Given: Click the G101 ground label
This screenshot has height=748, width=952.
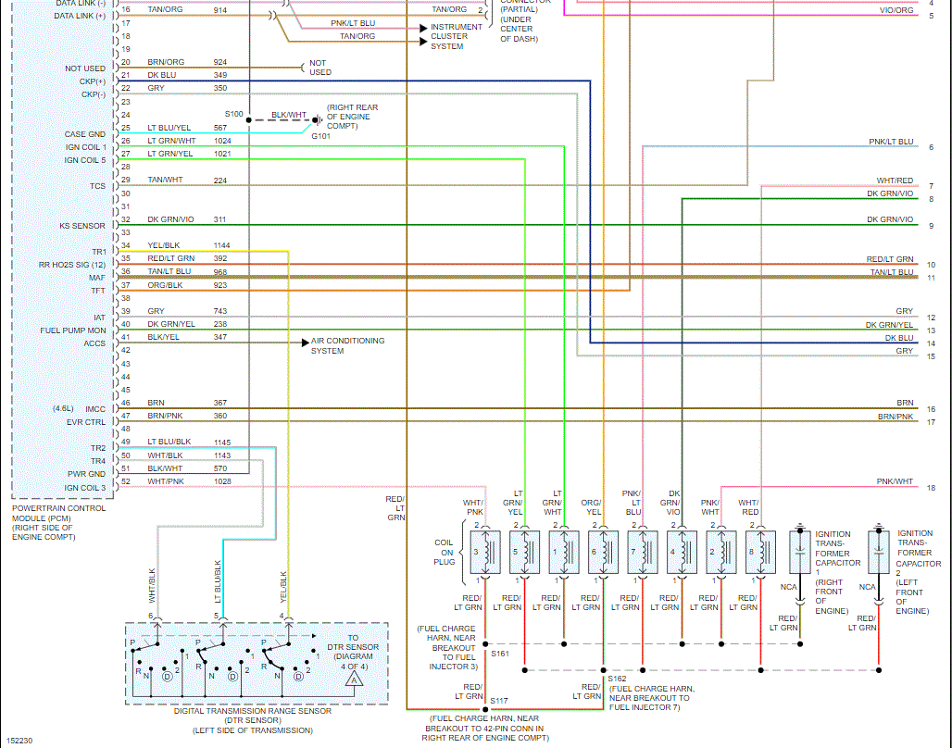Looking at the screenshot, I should (x=320, y=136).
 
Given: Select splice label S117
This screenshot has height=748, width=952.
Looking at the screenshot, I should (x=499, y=700).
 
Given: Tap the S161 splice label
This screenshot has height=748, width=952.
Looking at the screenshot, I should (x=500, y=654).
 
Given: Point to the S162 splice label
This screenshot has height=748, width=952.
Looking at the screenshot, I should (x=617, y=679).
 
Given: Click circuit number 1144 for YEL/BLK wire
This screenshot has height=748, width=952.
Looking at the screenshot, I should (x=221, y=245).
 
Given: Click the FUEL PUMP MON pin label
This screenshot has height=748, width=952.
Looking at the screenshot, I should (x=73, y=330).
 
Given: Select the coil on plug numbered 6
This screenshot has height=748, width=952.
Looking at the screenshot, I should (x=603, y=553).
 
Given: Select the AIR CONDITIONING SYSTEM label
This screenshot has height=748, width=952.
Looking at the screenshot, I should (x=347, y=345).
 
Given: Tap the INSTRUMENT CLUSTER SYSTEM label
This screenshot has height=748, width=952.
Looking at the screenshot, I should (x=457, y=36).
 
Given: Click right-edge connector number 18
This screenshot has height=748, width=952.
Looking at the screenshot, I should (x=931, y=488).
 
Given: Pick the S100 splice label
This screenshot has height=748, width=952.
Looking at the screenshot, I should (x=233, y=114).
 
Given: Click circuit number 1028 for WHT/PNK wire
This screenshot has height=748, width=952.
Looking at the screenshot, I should (x=220, y=481).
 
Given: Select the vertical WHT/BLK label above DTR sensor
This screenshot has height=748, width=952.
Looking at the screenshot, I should (x=153, y=582).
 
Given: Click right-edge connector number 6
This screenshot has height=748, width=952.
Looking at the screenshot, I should (x=931, y=147).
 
